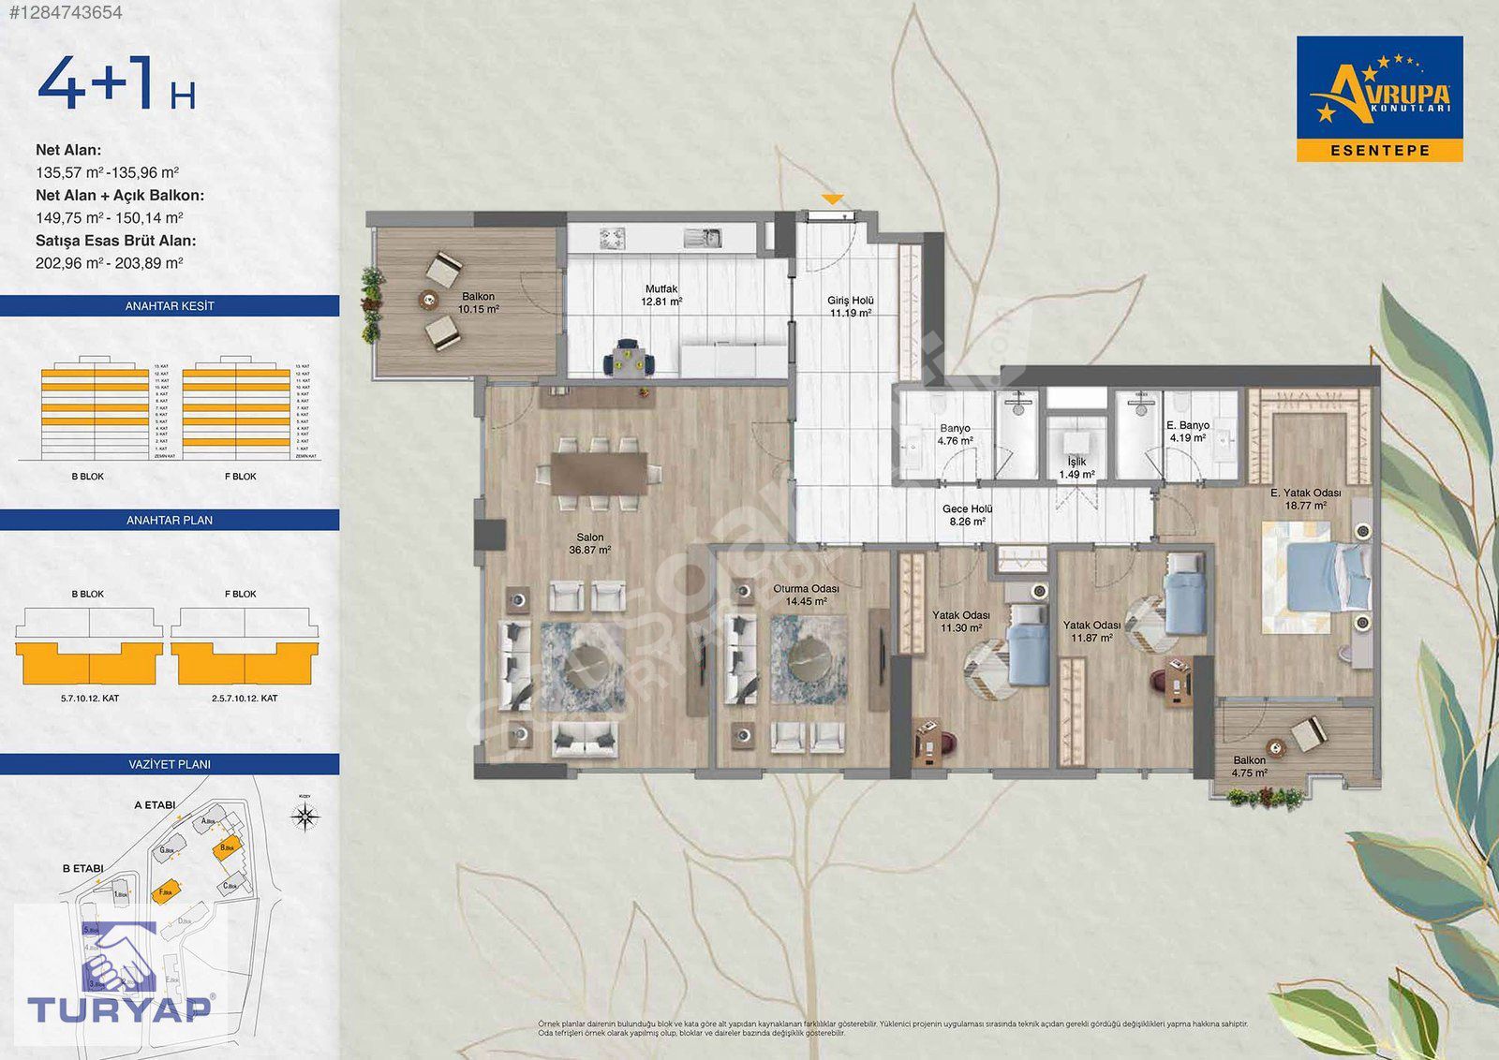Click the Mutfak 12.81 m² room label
[x=661, y=296]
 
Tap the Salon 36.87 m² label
[x=589, y=544]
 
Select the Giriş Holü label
[x=850, y=306]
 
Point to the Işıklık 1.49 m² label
[x=1076, y=468]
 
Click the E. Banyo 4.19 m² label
[x=1188, y=431]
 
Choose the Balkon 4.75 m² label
[x=1249, y=767]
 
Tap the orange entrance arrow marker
[x=832, y=199]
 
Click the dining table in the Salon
[x=599, y=474]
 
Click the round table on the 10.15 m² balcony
[x=429, y=300]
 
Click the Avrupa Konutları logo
[x=1379, y=98]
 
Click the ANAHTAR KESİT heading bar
[x=170, y=306]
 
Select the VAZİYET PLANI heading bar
[x=170, y=764]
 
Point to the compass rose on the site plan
[x=304, y=817]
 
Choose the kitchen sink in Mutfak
[x=701, y=238]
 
